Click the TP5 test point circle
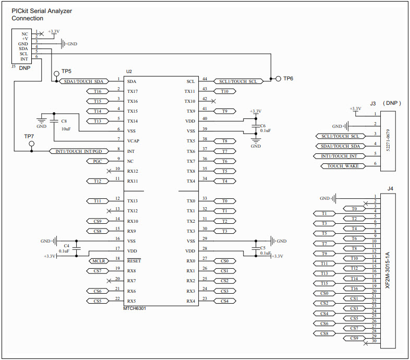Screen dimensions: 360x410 coord(56,73)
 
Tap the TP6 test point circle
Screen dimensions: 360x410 coord(279,79)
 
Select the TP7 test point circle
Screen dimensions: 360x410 coord(32,143)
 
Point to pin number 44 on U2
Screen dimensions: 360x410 coord(204,79)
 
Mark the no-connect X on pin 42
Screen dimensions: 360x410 coord(213,100)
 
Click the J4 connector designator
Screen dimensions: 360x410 coord(390,188)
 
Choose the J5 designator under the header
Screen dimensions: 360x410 coord(13,67)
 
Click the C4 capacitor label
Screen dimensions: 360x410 coord(66,245)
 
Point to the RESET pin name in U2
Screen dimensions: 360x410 coord(134,261)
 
